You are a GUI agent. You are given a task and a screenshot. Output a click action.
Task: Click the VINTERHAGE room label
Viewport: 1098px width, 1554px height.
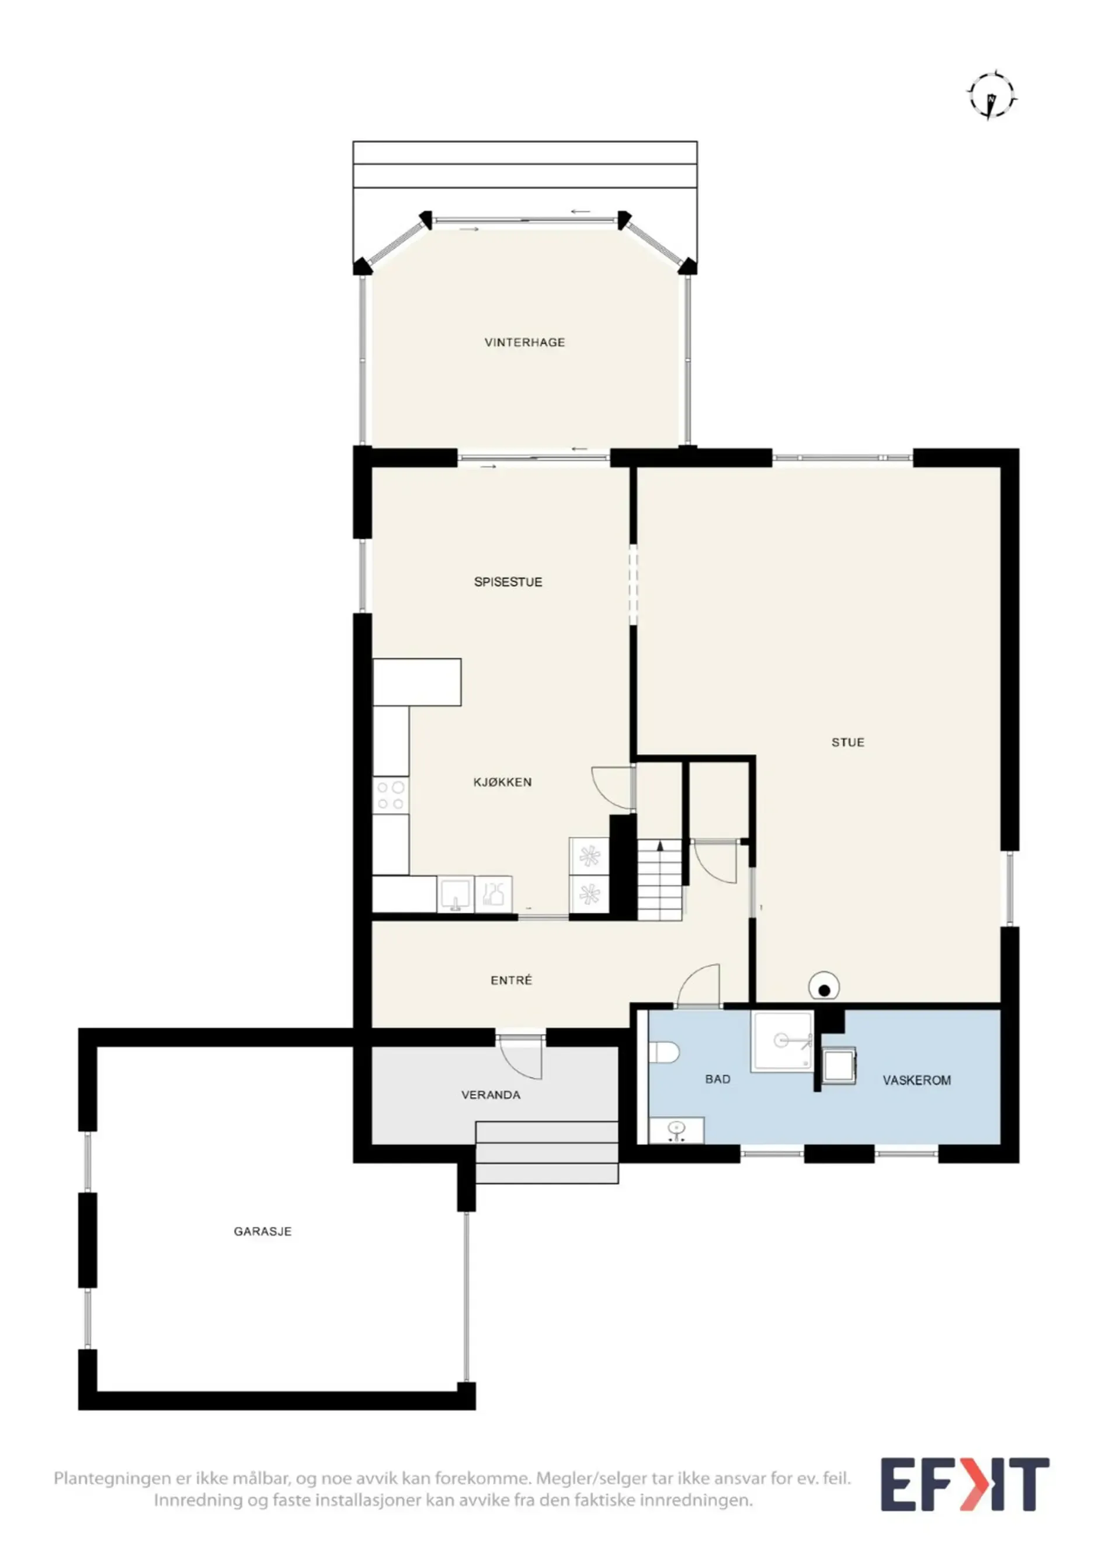tap(524, 342)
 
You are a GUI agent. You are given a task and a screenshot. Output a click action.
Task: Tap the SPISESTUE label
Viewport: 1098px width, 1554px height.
tap(508, 582)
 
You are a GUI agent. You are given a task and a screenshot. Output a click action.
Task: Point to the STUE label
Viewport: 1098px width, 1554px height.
tap(847, 743)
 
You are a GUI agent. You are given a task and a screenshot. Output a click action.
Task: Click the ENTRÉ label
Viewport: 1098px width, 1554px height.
tap(512, 980)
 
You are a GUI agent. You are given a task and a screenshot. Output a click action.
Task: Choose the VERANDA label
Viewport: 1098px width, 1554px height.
tap(491, 1095)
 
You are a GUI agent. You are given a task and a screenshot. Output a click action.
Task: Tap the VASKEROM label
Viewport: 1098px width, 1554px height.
tap(917, 1080)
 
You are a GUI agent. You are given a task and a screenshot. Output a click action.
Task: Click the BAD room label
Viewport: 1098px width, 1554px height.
tap(718, 1080)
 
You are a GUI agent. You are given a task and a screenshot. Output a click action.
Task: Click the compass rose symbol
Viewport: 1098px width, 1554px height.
tap(992, 98)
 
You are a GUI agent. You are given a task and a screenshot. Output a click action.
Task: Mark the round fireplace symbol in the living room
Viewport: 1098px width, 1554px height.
tap(824, 986)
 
